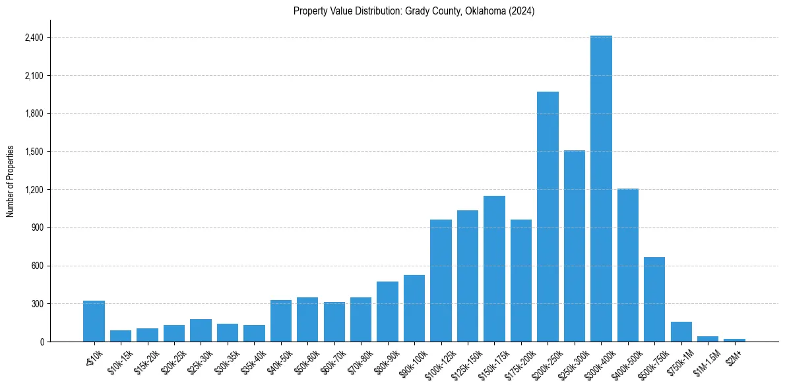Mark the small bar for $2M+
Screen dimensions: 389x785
(734, 340)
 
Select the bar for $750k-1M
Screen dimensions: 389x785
(681, 332)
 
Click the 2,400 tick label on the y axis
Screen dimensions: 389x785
(34, 38)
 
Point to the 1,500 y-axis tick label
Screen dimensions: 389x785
(34, 152)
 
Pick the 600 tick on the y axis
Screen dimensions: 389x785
(37, 266)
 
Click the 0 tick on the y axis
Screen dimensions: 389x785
(41, 342)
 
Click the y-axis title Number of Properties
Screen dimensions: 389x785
(11, 181)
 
